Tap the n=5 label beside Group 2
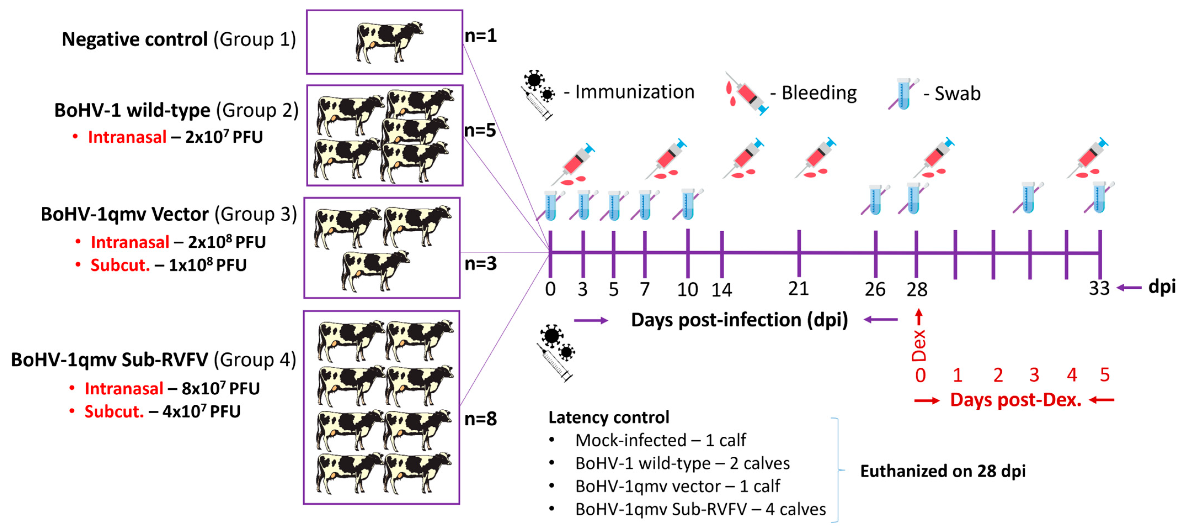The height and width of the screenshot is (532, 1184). tap(480, 130)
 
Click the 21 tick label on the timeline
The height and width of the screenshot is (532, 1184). tap(798, 289)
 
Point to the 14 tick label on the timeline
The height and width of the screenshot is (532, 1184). tap(721, 290)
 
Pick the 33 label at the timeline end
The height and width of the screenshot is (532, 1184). tap(1099, 288)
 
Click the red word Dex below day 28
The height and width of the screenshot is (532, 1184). tap(919, 345)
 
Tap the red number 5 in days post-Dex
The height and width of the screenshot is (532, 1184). tap(1105, 375)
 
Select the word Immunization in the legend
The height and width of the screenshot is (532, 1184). tap(635, 92)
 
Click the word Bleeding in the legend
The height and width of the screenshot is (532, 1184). tap(819, 93)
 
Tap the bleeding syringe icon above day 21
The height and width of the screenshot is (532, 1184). tap(816, 159)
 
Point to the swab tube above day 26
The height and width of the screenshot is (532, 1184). tap(875, 200)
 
